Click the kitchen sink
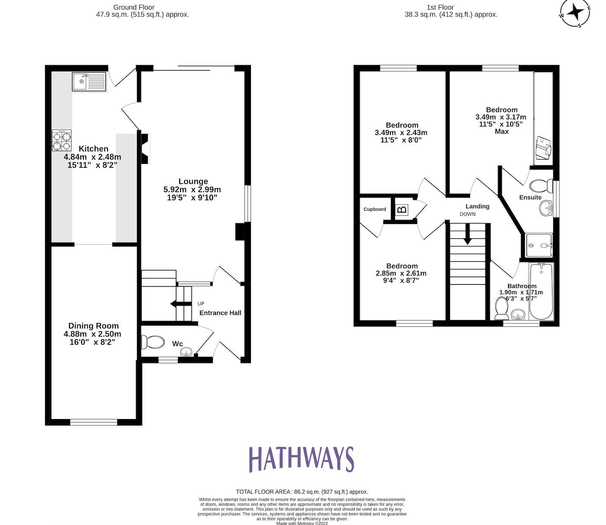tap(89, 81)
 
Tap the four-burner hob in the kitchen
tap(62, 141)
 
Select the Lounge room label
tap(193, 181)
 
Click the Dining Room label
tap(93, 326)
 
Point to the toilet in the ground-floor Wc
tap(153, 343)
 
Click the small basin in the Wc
tap(186, 352)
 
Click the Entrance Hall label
tap(220, 313)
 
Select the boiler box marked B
tap(402, 210)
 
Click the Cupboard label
tap(374, 209)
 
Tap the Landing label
tap(477, 206)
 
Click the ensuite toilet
tap(540, 186)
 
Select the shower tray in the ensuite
tap(539, 246)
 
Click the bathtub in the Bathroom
tap(541, 292)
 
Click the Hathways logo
tap(301, 459)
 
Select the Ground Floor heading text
tap(133, 7)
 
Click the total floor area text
tap(302, 492)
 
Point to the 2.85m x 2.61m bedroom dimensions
tap(401, 273)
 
